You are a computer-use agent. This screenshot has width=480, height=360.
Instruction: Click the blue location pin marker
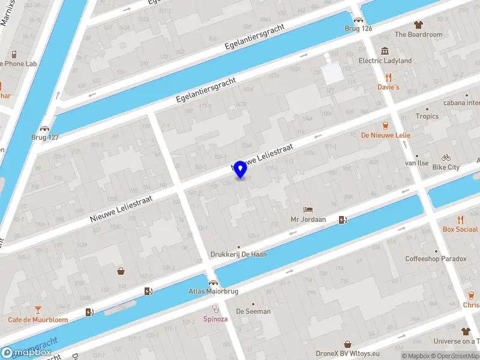pos(241,169)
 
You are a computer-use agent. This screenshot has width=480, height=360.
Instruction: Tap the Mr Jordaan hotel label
pos(308,220)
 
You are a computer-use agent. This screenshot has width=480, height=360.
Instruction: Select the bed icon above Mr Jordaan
pos(308,209)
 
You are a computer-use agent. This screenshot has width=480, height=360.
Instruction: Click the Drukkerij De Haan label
pos(238,254)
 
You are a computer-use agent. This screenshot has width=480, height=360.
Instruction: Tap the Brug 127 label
pos(45,137)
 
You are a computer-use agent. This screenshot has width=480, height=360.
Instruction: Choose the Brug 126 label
pos(358,28)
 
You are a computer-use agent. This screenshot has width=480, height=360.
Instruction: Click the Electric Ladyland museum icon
pos(385,50)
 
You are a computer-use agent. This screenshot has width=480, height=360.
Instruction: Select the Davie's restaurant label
pos(388,87)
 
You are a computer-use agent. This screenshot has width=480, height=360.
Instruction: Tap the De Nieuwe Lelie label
pos(385,136)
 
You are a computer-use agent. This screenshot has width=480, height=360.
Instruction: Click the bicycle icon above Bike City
pos(446,157)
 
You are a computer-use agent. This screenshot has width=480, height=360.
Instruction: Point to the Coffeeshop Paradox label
pos(436,259)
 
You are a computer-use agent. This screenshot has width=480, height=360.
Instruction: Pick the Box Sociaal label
pos(460,229)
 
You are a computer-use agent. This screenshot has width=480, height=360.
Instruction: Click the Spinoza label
pos(215,319)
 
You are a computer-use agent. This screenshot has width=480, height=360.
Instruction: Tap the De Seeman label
pos(253,311)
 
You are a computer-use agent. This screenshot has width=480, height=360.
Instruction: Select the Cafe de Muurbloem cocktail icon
pos(38,310)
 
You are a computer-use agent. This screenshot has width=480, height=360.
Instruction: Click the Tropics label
pos(427,116)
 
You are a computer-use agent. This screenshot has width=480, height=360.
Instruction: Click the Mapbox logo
pos(26,353)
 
